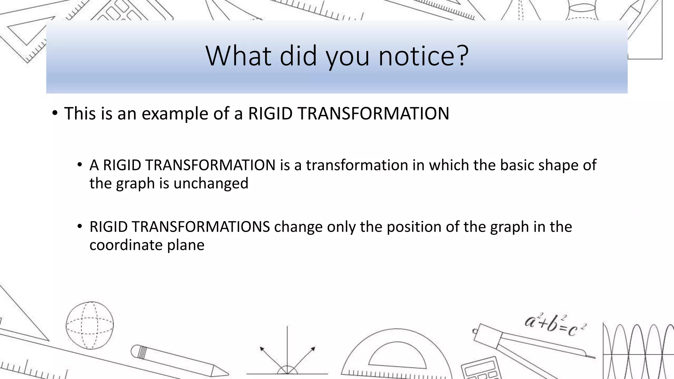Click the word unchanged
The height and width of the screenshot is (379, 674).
pyautogui.click(x=211, y=183)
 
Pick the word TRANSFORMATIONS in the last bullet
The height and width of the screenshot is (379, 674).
pyautogui.click(x=180, y=227)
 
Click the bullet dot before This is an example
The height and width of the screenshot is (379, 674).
pyautogui.click(x=55, y=113)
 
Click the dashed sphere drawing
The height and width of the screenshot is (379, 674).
pyautogui.click(x=90, y=325)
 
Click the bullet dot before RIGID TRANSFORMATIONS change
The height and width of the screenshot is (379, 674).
pyautogui.click(x=79, y=226)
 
